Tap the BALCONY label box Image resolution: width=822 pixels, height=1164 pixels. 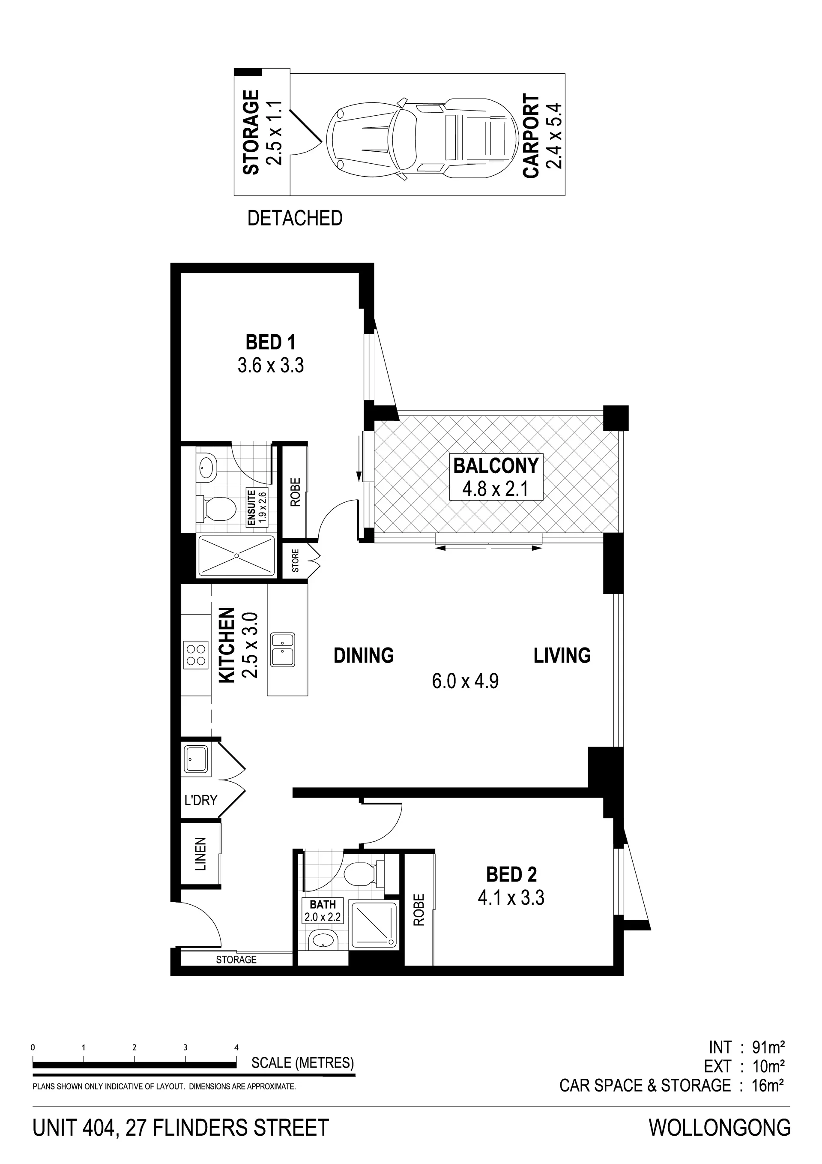coord(496,477)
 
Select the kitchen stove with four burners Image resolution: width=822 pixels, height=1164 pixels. coord(196,655)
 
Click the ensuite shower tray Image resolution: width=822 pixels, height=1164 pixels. coord(236,556)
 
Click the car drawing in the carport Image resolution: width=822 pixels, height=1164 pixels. coord(421,138)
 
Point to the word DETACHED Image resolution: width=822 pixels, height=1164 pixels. coord(295,218)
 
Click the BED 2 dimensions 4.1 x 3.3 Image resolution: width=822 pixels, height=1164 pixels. coord(511,897)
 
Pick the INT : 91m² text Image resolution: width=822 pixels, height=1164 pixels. coord(747,1047)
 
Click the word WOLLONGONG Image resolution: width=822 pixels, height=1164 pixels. coord(720,1123)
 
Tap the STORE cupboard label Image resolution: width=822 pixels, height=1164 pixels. coord(296,561)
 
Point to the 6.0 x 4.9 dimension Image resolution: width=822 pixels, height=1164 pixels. coord(465,681)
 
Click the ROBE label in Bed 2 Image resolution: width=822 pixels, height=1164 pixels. coord(418,909)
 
